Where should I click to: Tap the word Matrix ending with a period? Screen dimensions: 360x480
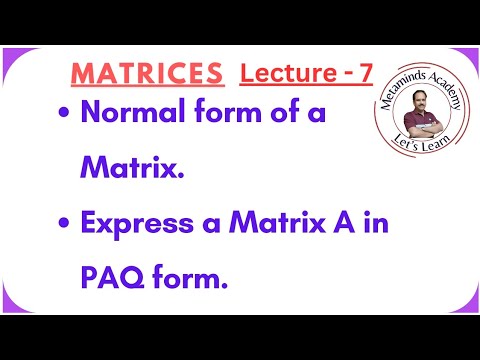133,167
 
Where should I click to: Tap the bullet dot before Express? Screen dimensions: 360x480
65,223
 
